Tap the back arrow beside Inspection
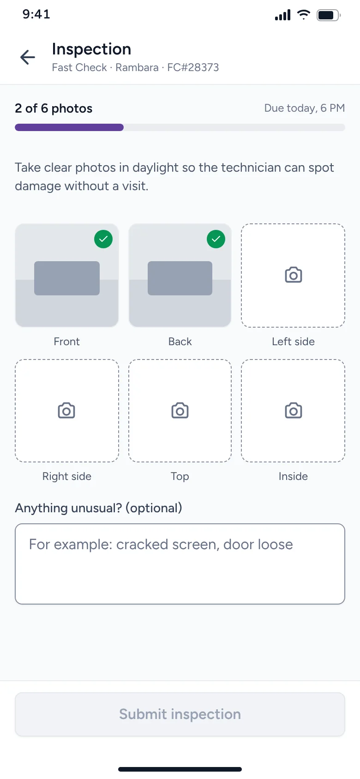(x=28, y=57)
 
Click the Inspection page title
(x=91, y=49)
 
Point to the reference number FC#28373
(x=193, y=67)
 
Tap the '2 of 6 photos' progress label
(x=54, y=108)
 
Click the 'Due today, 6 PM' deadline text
(x=304, y=108)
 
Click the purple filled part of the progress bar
(x=69, y=127)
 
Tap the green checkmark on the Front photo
(x=103, y=239)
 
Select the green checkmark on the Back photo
(x=216, y=239)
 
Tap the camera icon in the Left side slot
(x=294, y=275)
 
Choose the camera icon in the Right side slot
(x=66, y=410)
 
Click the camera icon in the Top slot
(x=180, y=410)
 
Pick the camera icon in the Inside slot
(x=294, y=410)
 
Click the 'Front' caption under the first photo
(x=67, y=342)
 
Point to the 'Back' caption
(x=180, y=342)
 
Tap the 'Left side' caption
(x=293, y=342)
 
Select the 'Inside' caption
(x=293, y=476)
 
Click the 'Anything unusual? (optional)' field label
(x=98, y=508)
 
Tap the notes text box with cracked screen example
(x=180, y=564)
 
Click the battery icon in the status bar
(x=328, y=15)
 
